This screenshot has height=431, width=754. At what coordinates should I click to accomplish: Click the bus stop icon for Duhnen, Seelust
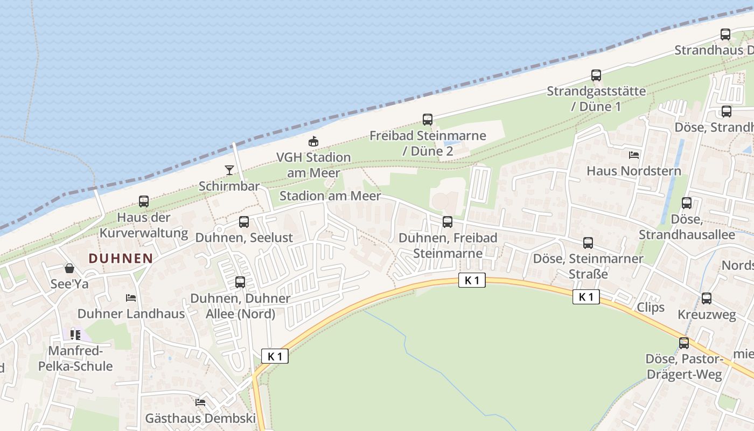click(x=244, y=222)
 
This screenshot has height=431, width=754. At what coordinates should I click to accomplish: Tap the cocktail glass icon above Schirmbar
click(x=229, y=170)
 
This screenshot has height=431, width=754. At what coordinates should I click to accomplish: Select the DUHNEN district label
click(x=121, y=258)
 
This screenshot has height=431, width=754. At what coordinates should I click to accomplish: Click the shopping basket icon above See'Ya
click(x=69, y=268)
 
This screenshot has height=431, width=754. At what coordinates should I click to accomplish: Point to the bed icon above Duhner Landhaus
click(x=131, y=298)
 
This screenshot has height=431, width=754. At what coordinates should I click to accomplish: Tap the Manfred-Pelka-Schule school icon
click(x=75, y=335)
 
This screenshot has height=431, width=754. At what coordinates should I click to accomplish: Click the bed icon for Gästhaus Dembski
click(x=200, y=402)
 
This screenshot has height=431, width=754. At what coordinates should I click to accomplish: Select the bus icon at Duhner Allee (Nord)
click(x=240, y=282)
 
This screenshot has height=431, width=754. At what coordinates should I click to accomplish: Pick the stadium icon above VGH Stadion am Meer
click(x=313, y=142)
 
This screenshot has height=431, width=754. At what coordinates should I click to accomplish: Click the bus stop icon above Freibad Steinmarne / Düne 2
click(x=428, y=120)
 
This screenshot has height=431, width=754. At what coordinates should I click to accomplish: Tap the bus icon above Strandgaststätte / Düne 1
click(x=596, y=75)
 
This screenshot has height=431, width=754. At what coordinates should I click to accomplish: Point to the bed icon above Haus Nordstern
click(x=634, y=155)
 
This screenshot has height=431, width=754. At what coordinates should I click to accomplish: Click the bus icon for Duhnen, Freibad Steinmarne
click(x=448, y=222)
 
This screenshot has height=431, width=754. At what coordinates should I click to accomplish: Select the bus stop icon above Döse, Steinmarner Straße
click(x=588, y=243)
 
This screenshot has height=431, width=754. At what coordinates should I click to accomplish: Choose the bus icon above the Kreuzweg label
click(x=707, y=298)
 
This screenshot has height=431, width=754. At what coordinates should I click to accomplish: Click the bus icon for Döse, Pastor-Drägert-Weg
click(x=684, y=343)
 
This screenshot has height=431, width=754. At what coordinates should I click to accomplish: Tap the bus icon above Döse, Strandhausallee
click(x=687, y=203)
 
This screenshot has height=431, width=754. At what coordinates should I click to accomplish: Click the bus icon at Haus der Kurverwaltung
click(x=144, y=201)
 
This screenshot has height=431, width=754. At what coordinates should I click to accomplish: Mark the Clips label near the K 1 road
click(x=651, y=307)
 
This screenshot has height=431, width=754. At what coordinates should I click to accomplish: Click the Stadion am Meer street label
click(x=330, y=196)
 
